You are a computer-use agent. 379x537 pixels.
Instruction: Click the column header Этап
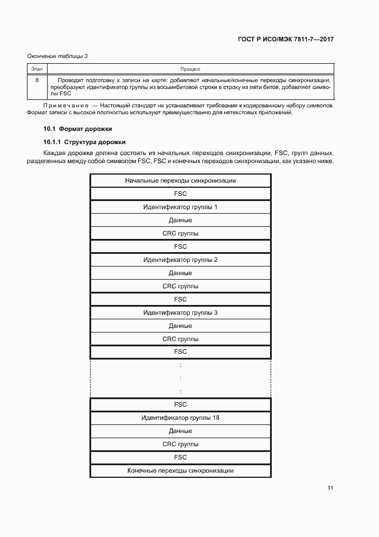(x=37, y=68)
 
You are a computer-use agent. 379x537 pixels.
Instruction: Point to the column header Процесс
(x=189, y=68)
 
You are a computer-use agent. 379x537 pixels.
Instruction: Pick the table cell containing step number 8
(x=37, y=80)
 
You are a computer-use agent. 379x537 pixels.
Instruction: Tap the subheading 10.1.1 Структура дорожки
(x=84, y=141)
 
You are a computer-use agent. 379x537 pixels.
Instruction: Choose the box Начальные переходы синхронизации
(x=180, y=180)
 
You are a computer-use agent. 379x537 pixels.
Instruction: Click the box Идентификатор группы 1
(x=180, y=207)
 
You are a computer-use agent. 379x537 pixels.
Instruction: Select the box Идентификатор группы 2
(x=180, y=260)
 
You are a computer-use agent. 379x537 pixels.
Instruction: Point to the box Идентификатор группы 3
(x=180, y=312)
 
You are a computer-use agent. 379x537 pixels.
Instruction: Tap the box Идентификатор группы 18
(x=180, y=418)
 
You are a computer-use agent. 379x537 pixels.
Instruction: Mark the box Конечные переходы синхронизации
(x=180, y=470)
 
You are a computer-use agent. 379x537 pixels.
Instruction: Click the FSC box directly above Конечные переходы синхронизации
(x=180, y=457)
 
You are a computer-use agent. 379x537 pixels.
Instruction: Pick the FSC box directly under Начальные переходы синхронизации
(x=180, y=194)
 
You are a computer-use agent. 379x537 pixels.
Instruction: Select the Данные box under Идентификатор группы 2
(x=180, y=273)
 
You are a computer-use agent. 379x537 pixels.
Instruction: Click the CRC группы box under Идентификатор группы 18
(x=180, y=444)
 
